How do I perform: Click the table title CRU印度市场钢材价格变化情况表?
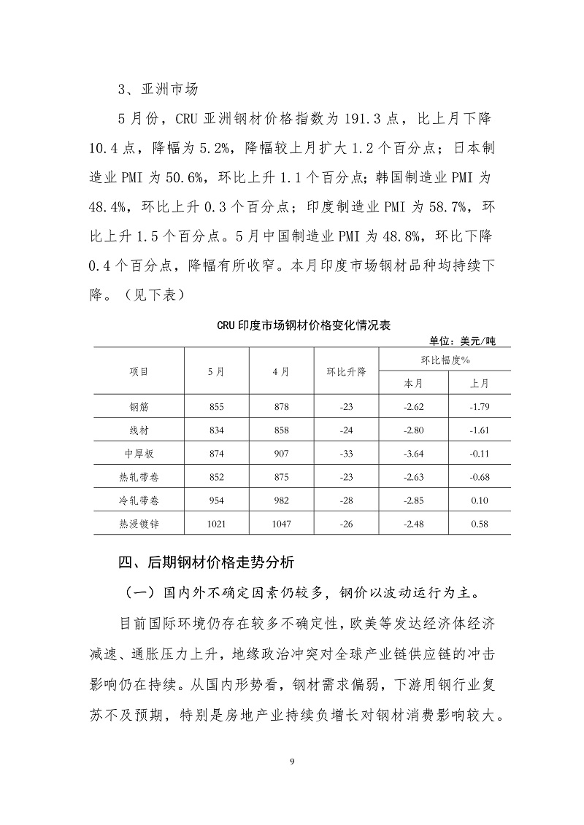click(x=304, y=325)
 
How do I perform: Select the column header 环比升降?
click(x=346, y=371)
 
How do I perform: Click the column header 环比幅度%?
click(x=445, y=360)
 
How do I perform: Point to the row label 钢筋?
click(x=139, y=406)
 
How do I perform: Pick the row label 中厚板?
click(x=139, y=453)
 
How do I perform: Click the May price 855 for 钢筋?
click(x=216, y=406)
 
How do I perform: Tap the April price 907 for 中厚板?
click(x=281, y=453)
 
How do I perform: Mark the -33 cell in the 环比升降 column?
click(x=346, y=453)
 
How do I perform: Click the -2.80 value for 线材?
click(x=413, y=430)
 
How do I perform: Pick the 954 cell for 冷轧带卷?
click(x=216, y=500)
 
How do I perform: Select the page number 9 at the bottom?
click(x=292, y=762)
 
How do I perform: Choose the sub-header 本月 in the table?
click(x=413, y=383)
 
